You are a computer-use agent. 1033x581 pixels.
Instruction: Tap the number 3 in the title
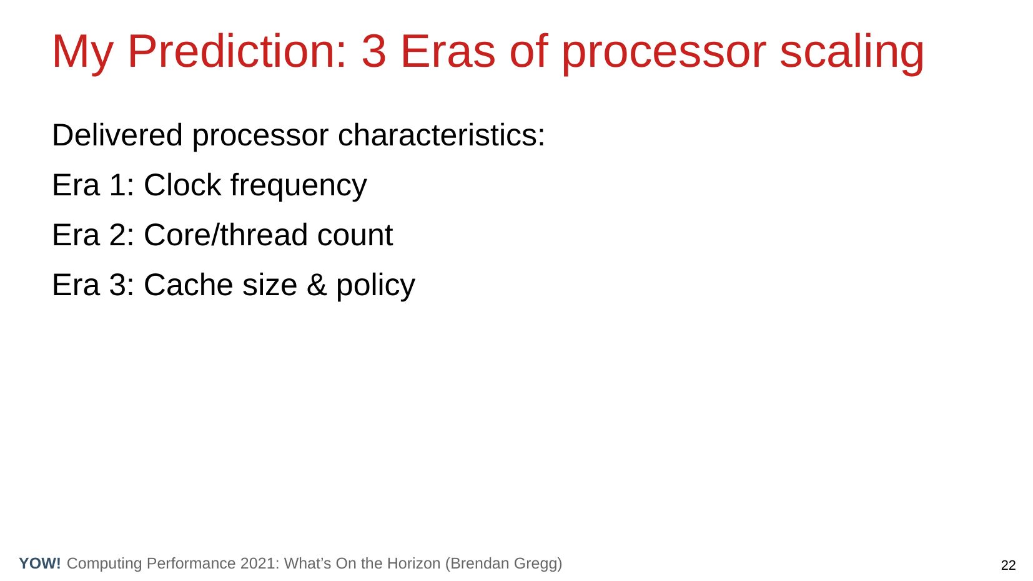coord(373,52)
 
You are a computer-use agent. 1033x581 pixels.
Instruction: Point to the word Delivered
coord(117,135)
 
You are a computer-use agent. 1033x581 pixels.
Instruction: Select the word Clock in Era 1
coord(182,185)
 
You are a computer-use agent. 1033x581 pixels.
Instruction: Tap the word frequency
coord(299,187)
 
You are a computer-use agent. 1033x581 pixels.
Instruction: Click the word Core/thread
coord(226,235)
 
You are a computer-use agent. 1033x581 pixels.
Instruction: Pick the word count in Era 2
coord(355,236)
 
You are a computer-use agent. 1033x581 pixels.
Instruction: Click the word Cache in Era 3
coord(189,285)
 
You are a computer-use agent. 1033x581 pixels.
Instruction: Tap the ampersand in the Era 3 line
coord(317,285)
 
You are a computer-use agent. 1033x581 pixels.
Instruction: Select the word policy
coord(375,286)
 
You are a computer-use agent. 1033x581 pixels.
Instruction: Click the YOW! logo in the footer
coord(40,563)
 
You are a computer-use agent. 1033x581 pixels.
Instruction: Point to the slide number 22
coord(1008,565)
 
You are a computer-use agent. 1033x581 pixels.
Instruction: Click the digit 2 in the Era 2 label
coord(117,235)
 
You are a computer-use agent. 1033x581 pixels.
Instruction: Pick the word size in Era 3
coord(270,285)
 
